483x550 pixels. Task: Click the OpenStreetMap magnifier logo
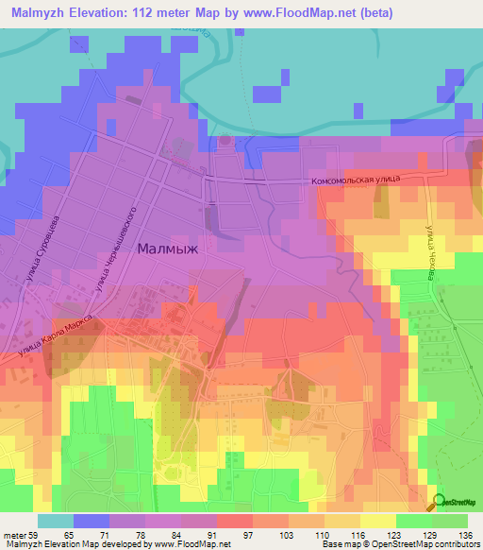pos(440,502)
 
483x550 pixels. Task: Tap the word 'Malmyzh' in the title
pos(35,13)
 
